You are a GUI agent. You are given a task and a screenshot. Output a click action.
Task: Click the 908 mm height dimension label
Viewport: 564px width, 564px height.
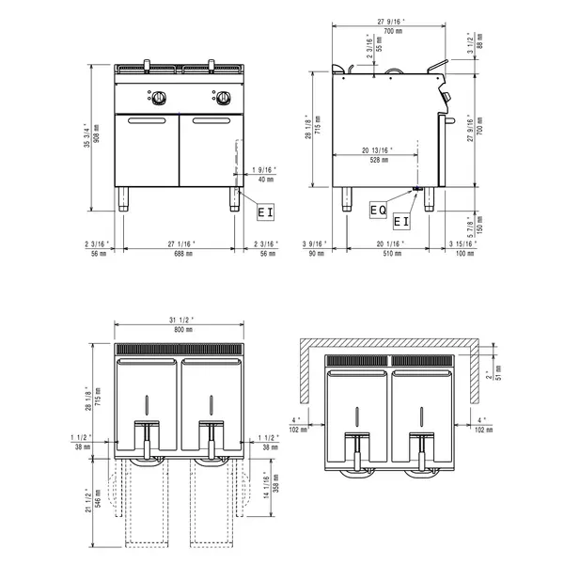click(x=96, y=138)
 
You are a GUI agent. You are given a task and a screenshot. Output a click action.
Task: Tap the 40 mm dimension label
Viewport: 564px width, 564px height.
click(x=266, y=179)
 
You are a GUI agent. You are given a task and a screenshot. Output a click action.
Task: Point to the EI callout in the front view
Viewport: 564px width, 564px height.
click(x=266, y=212)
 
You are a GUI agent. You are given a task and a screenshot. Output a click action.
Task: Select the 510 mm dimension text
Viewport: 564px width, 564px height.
click(x=388, y=254)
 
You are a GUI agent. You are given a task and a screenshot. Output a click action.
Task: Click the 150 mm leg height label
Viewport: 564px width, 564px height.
click(x=479, y=227)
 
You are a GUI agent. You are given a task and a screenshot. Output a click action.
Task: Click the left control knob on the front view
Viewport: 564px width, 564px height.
click(x=161, y=97)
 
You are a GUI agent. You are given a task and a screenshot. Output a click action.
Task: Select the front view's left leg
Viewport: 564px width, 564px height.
click(x=124, y=199)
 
